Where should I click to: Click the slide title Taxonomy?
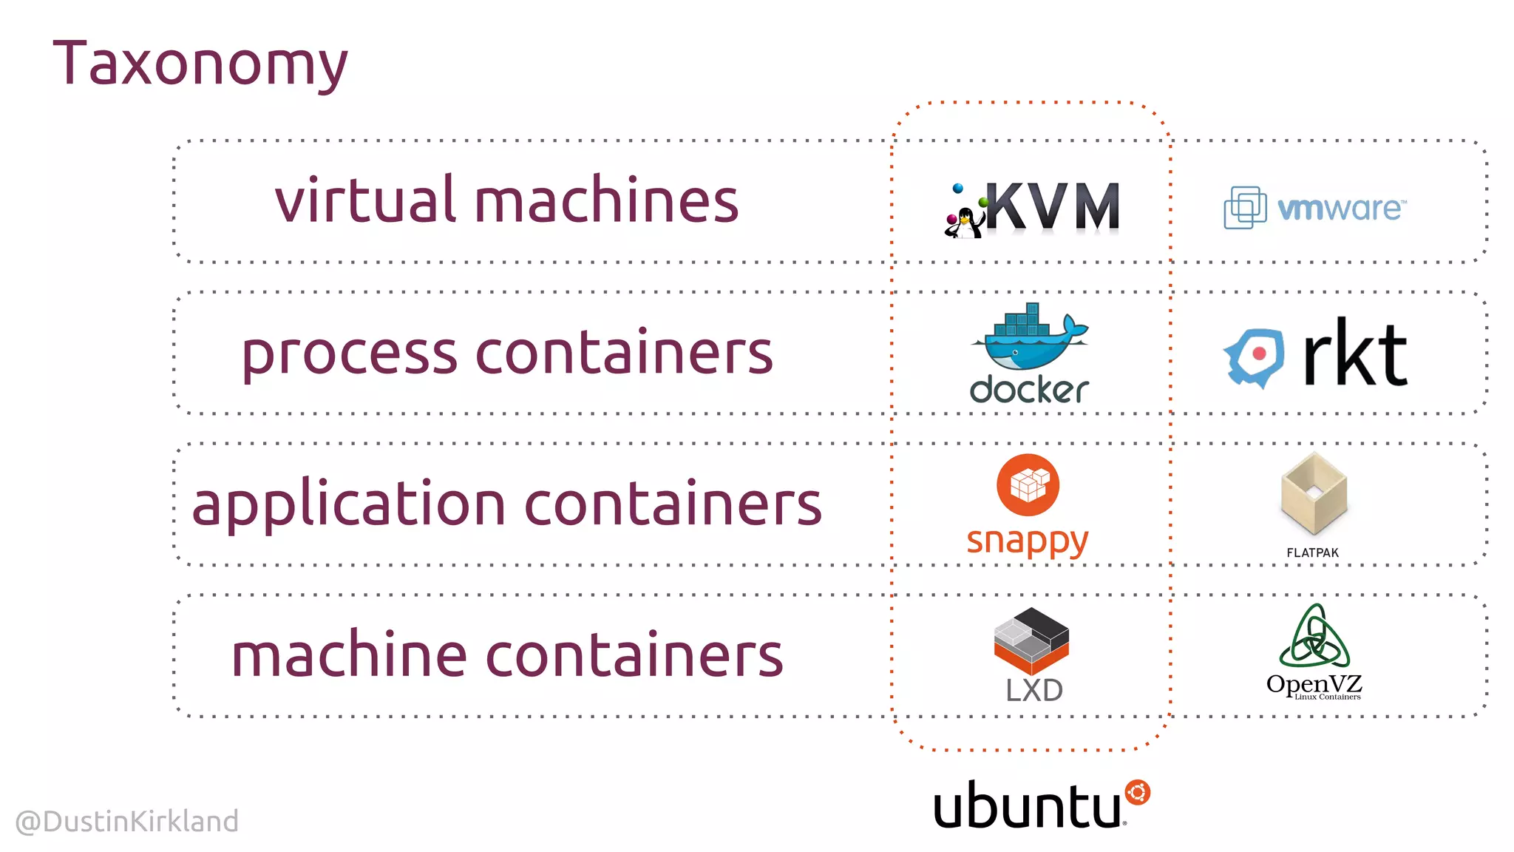[x=200, y=65]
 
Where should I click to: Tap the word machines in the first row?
[x=606, y=201]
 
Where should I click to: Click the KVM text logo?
[x=1053, y=207]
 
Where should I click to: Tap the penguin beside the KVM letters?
[x=963, y=222]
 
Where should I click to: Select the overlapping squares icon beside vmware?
[x=1245, y=207]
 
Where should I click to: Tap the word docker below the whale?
[x=1029, y=390]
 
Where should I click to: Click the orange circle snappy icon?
[x=1028, y=485]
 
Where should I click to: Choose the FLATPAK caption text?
[x=1312, y=552]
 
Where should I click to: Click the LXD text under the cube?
[x=1033, y=690]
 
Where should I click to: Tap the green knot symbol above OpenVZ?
[x=1314, y=638]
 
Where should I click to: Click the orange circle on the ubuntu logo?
[x=1137, y=793]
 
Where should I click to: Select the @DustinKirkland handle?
[x=127, y=821]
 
